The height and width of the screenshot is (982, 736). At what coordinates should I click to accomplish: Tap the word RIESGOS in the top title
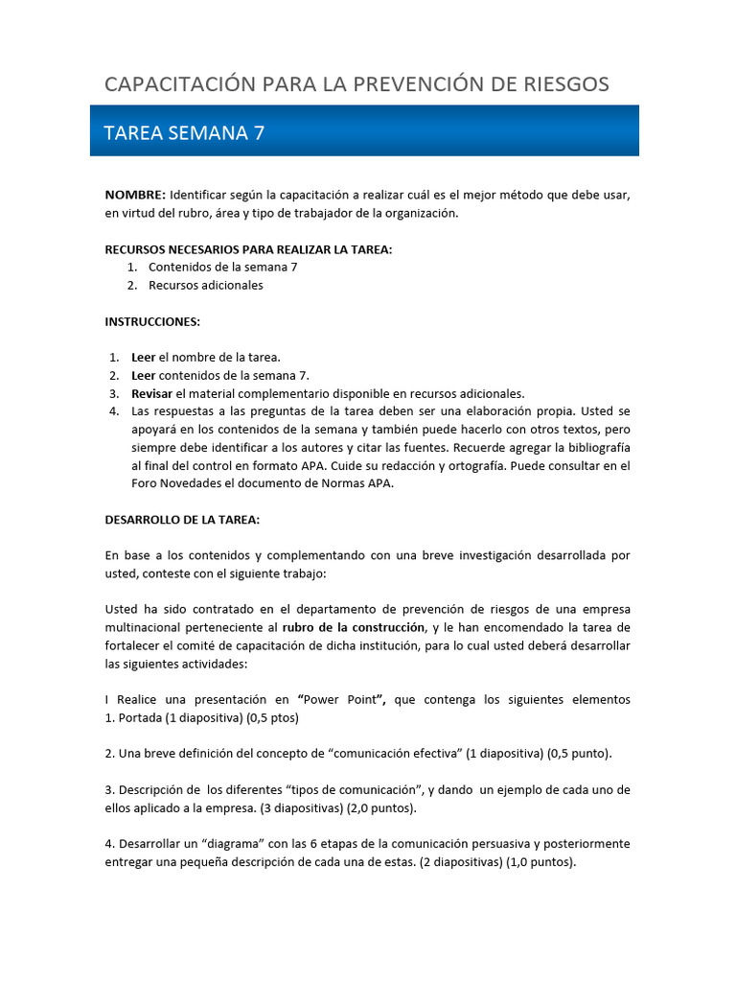562,84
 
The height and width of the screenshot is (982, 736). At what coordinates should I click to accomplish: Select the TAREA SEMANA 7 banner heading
183,133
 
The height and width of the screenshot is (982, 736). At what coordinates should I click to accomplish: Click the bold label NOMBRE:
135,195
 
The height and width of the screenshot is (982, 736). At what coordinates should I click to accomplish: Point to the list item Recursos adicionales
205,285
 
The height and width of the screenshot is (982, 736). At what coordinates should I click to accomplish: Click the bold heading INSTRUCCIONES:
152,321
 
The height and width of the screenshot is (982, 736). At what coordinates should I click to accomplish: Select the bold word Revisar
152,393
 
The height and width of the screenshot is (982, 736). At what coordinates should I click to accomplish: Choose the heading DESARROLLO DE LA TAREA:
182,520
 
